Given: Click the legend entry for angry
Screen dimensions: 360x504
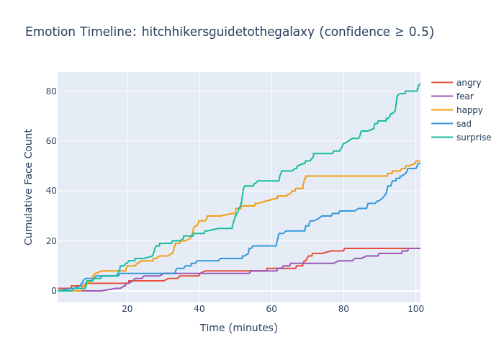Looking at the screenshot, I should pos(468,83).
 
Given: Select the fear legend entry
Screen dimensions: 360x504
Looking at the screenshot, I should pos(465,96).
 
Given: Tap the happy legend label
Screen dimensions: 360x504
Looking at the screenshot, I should pos(469,110).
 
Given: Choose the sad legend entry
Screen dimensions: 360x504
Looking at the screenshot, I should pos(464,124).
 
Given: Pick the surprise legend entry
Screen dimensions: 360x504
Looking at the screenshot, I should pos(473,138).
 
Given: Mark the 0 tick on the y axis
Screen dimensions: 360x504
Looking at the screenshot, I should pos(50,290).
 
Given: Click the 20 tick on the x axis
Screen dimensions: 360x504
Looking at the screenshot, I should pos(127,310).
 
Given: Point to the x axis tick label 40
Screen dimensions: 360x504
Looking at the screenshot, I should pos(199,310).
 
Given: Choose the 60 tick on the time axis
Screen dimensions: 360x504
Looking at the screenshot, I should pos(271,310).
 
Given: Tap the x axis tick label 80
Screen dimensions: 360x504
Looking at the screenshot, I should pos(343,310).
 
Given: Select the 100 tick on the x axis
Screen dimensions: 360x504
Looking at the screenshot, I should pos(415,310).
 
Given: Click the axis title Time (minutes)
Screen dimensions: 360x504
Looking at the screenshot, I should pos(238,328).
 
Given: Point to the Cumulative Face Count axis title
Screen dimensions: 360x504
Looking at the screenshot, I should pos(29,186).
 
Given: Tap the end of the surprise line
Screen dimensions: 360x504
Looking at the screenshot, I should pos(420,84).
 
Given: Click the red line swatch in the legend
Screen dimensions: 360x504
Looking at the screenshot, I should pos(441,83).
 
